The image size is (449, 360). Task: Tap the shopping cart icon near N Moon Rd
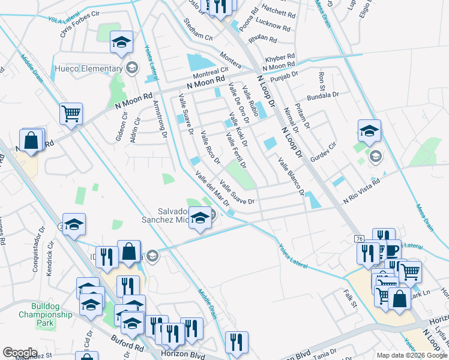71,114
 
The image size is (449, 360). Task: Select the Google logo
20,353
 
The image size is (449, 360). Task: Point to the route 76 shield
359,239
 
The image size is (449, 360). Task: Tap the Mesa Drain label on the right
424,217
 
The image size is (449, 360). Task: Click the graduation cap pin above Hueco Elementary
121,43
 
